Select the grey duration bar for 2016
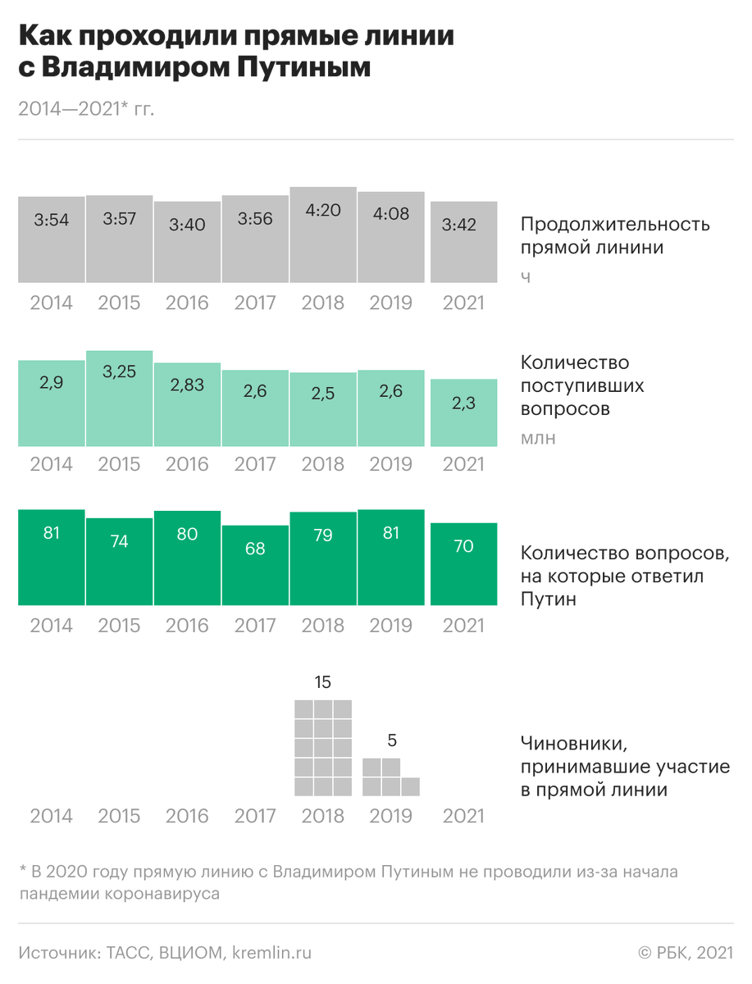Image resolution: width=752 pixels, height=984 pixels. (x=187, y=243)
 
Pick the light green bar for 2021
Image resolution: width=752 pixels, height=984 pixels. (x=464, y=413)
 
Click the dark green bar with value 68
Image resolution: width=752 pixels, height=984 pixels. (x=255, y=566)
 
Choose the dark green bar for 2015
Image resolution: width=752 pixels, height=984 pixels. (x=119, y=563)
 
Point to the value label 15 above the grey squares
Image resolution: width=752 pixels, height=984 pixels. (x=323, y=682)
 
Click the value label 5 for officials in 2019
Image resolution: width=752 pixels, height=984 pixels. (x=391, y=740)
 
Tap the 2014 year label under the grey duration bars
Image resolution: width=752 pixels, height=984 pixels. (x=51, y=303)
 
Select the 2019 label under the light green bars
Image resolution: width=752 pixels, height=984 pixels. (x=391, y=464)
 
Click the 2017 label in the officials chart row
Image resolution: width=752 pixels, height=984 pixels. (x=255, y=816)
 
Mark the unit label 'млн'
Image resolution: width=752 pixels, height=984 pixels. (x=538, y=438)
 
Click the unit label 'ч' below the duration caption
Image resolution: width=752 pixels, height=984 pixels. (x=526, y=277)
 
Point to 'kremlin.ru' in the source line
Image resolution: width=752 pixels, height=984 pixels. (x=272, y=953)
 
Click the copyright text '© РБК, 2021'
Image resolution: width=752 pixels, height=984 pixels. (x=685, y=953)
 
